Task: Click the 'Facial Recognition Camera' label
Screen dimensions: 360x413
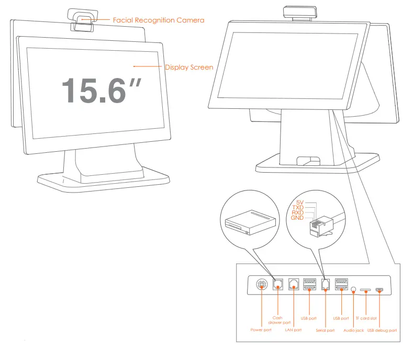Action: (x=159, y=20)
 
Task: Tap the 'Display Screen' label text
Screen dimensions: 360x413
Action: (x=189, y=67)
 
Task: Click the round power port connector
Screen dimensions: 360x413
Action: (x=262, y=286)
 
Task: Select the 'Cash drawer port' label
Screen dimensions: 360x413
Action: (x=278, y=320)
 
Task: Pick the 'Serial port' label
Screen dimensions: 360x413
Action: (x=325, y=330)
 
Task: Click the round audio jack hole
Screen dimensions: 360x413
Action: (x=354, y=288)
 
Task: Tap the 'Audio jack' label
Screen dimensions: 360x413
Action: (x=354, y=330)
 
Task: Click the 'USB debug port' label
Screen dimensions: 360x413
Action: (x=382, y=330)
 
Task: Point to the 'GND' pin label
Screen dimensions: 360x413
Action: (x=298, y=218)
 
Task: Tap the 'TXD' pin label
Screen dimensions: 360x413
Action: (x=298, y=207)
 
